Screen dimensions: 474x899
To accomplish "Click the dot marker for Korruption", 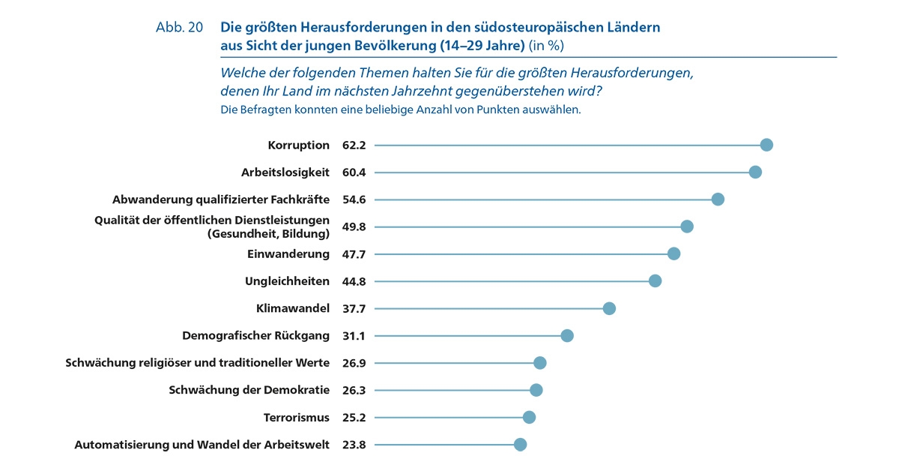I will (x=766, y=145).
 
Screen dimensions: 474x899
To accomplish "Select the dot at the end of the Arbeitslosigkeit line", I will (x=755, y=172).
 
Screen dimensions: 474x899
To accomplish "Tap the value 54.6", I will (x=354, y=199).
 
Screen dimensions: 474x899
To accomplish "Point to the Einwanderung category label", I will (x=288, y=253).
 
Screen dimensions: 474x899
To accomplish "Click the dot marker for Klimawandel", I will (x=609, y=308).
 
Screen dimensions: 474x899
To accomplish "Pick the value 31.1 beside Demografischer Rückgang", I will (x=354, y=336).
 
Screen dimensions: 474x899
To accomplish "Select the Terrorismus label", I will (x=297, y=417).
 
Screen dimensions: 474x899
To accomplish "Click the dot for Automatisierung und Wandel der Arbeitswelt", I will (x=521, y=444).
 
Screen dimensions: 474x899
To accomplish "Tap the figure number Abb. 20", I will (x=179, y=27).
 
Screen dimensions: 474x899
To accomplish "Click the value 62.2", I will (x=354, y=145).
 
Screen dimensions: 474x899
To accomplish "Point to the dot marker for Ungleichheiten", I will (x=656, y=281).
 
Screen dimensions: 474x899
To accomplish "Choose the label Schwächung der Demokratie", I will (x=249, y=390).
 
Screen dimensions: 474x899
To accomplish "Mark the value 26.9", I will (x=354, y=363).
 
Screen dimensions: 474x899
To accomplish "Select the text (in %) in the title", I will (x=546, y=45).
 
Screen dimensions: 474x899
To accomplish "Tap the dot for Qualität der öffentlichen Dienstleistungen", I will (x=687, y=226).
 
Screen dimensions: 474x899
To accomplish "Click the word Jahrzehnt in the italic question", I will (x=442, y=91).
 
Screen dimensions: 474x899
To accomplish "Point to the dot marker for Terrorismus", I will (x=529, y=417).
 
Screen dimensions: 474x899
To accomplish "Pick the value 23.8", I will (x=354, y=445).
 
